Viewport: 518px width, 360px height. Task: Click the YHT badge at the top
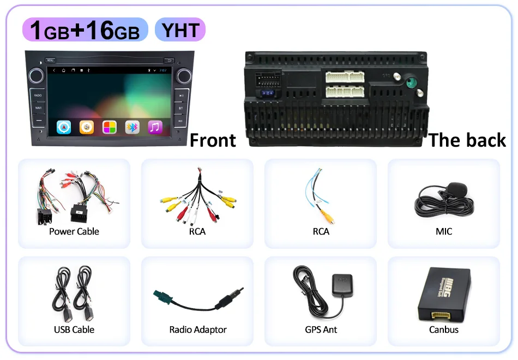[x=180, y=29]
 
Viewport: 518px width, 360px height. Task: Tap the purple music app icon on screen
[x=155, y=128]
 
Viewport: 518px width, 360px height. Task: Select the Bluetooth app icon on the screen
[x=132, y=128]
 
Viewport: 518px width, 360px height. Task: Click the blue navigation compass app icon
[x=64, y=128]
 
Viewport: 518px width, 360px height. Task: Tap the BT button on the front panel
[x=180, y=108]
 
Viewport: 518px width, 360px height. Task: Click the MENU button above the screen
[x=50, y=60]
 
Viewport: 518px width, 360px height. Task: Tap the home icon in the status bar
[x=64, y=70]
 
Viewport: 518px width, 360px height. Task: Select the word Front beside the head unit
[x=213, y=140]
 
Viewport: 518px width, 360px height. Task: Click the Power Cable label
[x=74, y=231]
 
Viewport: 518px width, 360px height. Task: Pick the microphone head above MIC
[x=457, y=190]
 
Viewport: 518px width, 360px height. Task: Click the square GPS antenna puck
[x=342, y=285]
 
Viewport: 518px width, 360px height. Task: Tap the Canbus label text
[x=444, y=329]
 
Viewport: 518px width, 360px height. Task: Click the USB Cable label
[x=74, y=329]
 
